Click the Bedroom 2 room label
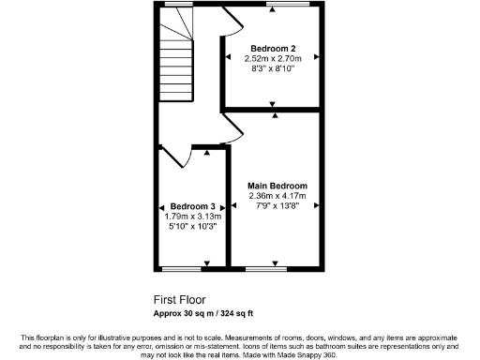(274, 48)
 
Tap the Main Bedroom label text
(277, 186)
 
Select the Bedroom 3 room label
(193, 206)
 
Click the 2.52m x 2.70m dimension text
(274, 58)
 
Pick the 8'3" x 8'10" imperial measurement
(274, 68)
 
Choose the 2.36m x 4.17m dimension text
(277, 195)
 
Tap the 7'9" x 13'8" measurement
(277, 205)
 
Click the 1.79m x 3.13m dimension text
(193, 217)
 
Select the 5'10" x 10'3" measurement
(193, 227)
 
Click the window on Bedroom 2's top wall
(277, 6)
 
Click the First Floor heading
(178, 301)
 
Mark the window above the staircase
(174, 6)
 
